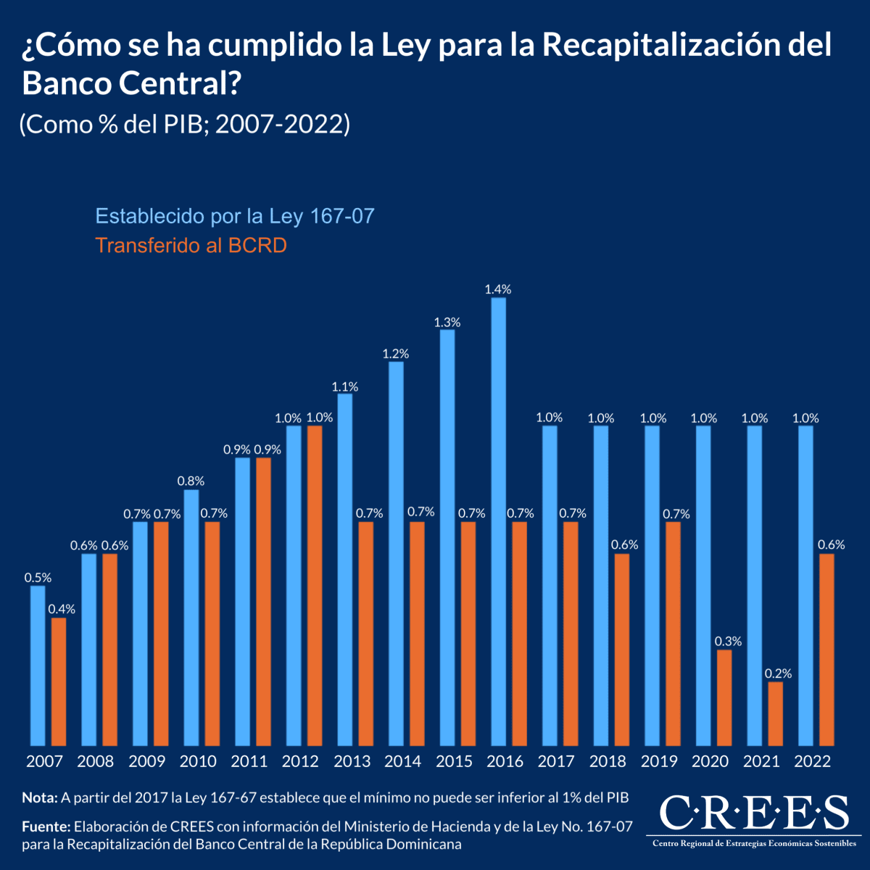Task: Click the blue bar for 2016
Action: click(498, 522)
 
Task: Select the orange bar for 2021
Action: click(775, 714)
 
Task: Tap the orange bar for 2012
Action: click(315, 586)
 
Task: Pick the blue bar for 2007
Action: click(38, 666)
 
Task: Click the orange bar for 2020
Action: click(724, 697)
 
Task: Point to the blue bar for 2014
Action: click(396, 554)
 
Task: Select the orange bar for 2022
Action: click(826, 650)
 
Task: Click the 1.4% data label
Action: click(498, 289)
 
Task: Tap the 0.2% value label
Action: click(778, 674)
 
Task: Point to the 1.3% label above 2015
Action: click(447, 322)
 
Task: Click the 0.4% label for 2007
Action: click(62, 609)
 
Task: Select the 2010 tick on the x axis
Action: click(198, 761)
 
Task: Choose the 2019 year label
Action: click(659, 761)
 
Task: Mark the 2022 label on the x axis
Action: click(813, 761)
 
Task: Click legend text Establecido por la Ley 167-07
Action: click(235, 216)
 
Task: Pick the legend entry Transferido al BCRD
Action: click(191, 246)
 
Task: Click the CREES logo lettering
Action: click(754, 813)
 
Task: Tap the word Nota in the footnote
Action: click(39, 797)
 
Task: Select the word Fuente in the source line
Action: click(46, 826)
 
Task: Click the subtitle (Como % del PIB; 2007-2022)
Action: click(186, 125)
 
